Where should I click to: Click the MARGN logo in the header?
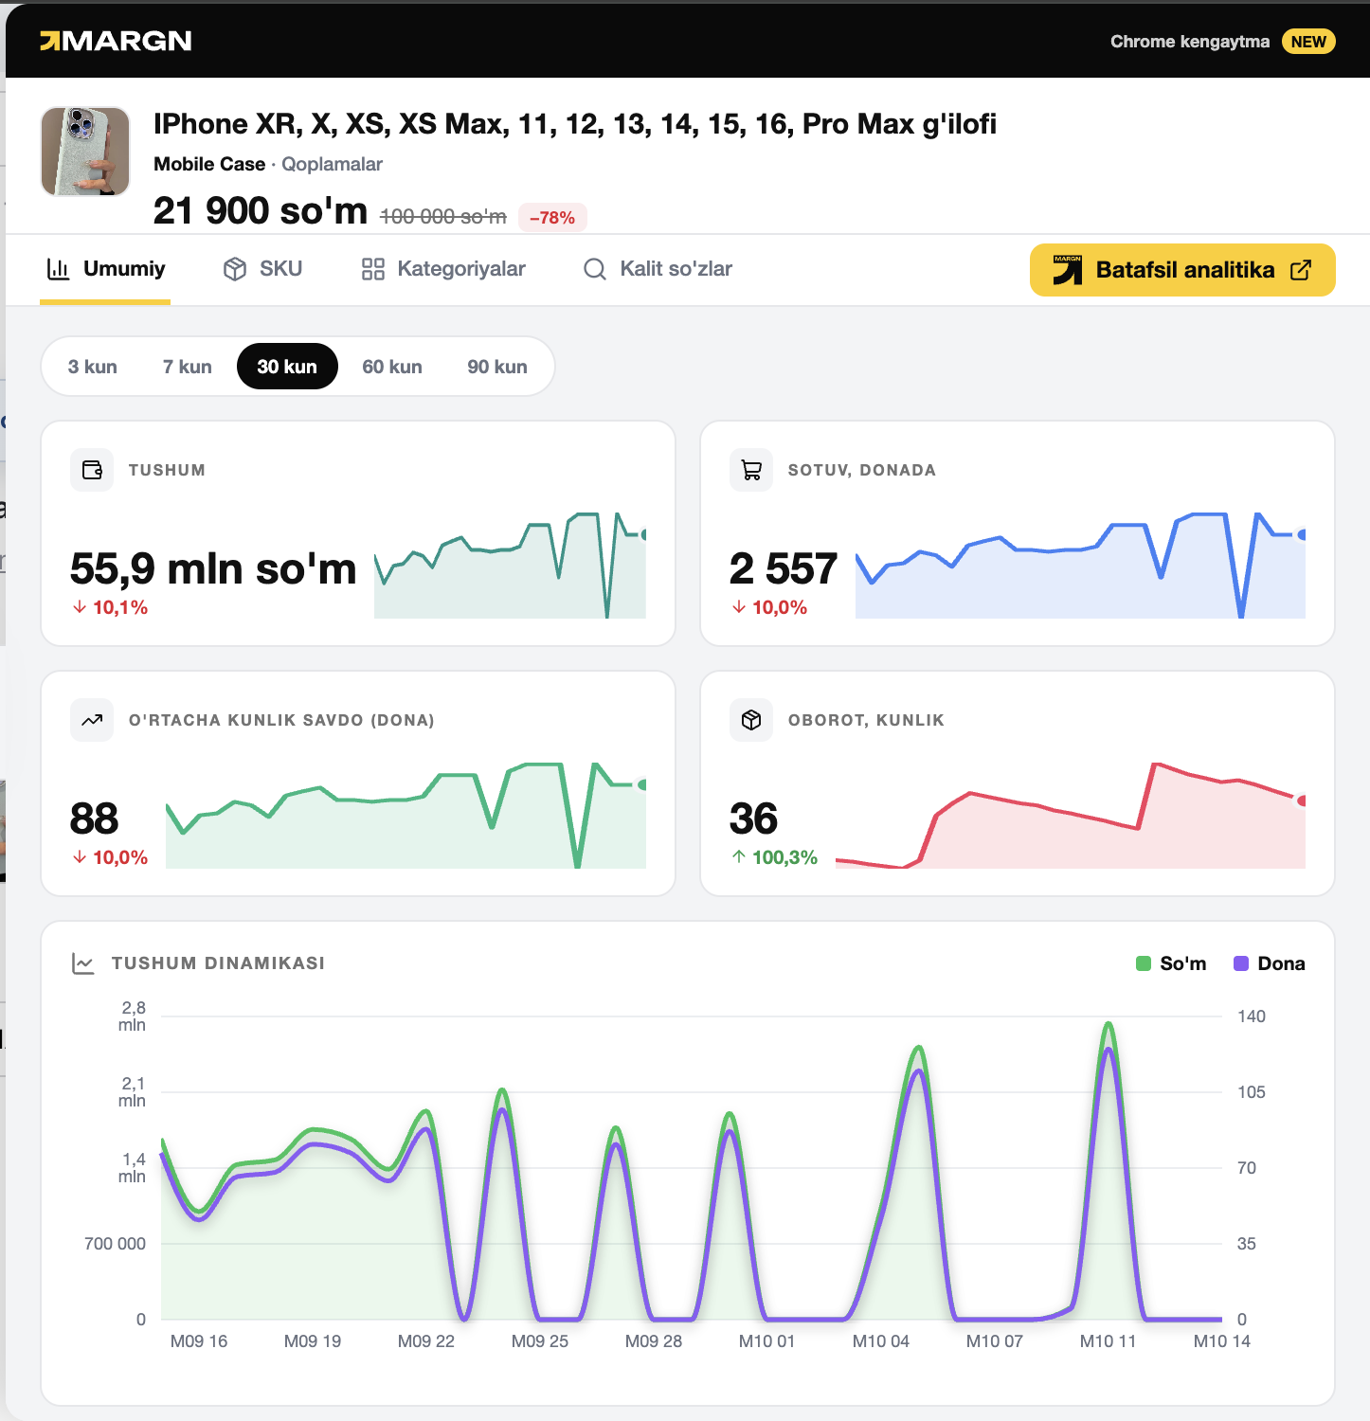click(116, 41)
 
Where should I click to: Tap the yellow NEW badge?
click(1308, 42)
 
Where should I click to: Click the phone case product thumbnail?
click(85, 152)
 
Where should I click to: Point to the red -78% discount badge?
click(552, 217)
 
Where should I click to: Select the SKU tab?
click(262, 269)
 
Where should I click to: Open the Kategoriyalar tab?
click(442, 269)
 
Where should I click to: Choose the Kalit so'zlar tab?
click(658, 269)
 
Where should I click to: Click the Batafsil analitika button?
click(1182, 270)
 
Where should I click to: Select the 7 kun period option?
click(188, 367)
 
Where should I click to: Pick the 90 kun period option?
click(497, 367)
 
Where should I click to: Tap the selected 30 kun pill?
click(287, 367)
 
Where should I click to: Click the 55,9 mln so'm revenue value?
click(213, 568)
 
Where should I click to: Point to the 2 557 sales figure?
click(784, 568)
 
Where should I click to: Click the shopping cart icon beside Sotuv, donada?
click(751, 470)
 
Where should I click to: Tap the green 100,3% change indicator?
click(774, 857)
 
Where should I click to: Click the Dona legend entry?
click(1270, 963)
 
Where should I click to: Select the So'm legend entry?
click(1171, 963)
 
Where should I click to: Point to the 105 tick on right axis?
click(1252, 1092)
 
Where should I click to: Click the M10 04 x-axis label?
click(881, 1341)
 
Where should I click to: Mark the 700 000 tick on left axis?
click(115, 1244)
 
